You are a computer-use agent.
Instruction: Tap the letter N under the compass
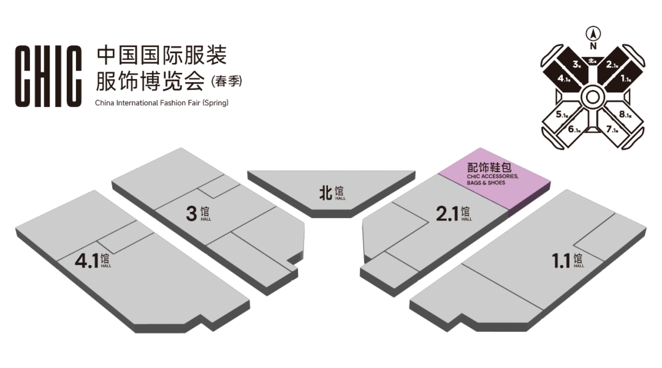(x=593, y=46)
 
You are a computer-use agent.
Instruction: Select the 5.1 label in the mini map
(x=563, y=114)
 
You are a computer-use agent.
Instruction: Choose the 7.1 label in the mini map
(x=612, y=129)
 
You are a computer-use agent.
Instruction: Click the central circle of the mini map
(x=593, y=96)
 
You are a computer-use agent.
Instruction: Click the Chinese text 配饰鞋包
(x=489, y=167)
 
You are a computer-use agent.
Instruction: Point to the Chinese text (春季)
(x=226, y=80)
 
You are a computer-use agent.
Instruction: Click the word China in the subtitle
(x=105, y=103)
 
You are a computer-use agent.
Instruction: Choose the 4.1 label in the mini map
(x=565, y=79)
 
